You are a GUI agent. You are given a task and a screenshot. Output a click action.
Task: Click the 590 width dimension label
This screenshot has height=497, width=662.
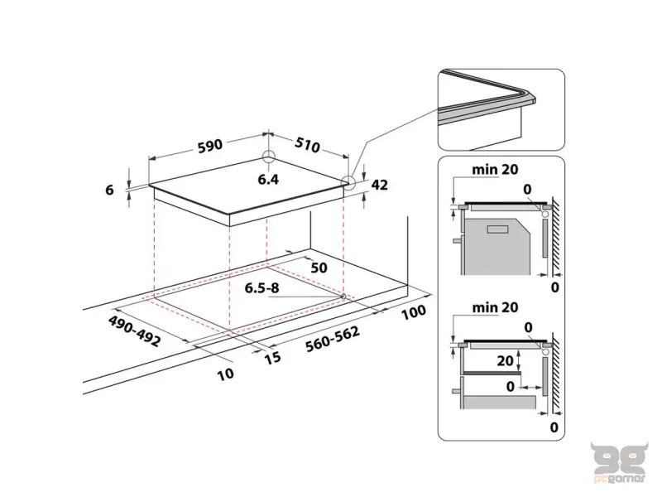(210, 146)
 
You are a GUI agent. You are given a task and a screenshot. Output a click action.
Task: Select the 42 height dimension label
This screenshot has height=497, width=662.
(380, 186)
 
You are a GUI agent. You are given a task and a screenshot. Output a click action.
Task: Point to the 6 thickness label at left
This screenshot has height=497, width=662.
(110, 190)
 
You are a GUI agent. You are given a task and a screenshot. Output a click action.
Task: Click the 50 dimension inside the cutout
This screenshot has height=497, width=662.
(318, 268)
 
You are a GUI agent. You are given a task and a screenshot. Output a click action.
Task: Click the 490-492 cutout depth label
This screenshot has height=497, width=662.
(133, 331)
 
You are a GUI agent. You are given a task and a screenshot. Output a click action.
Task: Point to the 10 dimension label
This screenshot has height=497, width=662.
(225, 374)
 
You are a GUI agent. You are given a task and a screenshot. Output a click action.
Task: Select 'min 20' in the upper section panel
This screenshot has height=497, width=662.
(495, 170)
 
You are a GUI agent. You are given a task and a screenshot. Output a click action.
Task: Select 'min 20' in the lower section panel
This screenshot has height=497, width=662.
(495, 307)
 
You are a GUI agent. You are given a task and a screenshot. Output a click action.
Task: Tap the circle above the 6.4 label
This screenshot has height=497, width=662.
(268, 158)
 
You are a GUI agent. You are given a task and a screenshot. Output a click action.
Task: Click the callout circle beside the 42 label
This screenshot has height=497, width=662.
(349, 184)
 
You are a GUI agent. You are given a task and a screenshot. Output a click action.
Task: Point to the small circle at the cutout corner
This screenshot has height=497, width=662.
(343, 297)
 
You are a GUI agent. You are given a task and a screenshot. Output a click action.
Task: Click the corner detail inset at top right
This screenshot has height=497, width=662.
(501, 109)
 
